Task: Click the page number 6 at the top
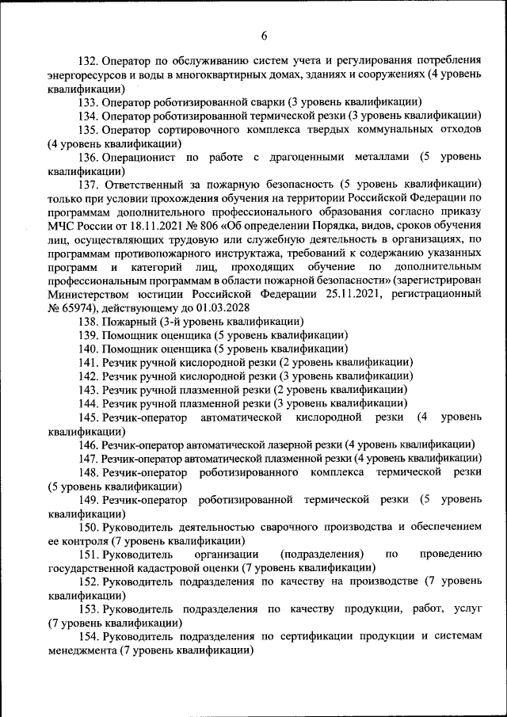pos(265,35)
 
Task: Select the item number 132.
pos(89,60)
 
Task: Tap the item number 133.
pos(89,102)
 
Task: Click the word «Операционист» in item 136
pos(137,158)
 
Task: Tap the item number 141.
pos(89,362)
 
